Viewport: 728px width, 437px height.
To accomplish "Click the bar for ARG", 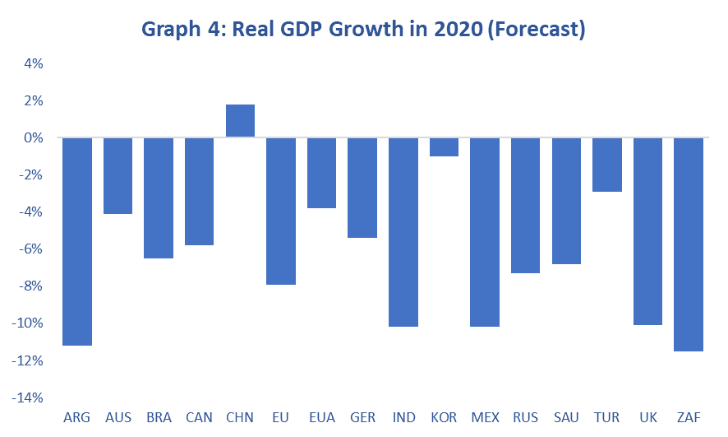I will click(x=76, y=241).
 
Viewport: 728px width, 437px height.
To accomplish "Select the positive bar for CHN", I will click(x=240, y=121).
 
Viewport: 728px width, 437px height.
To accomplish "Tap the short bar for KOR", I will click(x=444, y=147).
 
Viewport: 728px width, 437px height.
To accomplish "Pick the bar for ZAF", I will click(x=689, y=244).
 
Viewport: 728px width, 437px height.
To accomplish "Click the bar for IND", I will click(x=403, y=232).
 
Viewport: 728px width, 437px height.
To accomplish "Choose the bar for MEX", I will click(x=485, y=232).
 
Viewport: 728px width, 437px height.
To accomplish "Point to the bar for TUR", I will click(x=607, y=165).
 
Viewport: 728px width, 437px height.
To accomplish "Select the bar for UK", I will click(x=647, y=231).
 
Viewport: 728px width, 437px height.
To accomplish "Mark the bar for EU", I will click(x=281, y=212).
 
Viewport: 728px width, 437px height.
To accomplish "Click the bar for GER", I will click(x=362, y=188).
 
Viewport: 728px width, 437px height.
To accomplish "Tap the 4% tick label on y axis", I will click(x=33, y=63).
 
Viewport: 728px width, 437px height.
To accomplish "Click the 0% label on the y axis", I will click(x=33, y=137).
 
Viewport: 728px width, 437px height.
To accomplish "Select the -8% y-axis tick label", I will click(x=30, y=286).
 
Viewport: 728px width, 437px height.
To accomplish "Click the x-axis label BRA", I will click(x=159, y=418).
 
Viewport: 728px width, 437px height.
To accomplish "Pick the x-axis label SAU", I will click(x=566, y=418).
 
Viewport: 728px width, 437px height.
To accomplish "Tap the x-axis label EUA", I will click(x=321, y=418).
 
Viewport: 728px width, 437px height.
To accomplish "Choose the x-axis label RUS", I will click(x=525, y=418).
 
